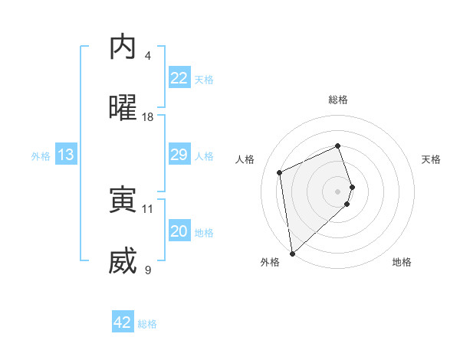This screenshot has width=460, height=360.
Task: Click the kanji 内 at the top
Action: point(123,48)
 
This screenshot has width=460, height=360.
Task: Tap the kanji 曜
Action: point(123,108)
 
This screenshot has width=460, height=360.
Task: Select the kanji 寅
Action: point(123,200)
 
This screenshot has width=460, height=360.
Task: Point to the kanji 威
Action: point(123,261)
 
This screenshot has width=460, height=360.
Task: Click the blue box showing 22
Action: point(179,78)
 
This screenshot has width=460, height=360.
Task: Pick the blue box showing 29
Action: point(179,155)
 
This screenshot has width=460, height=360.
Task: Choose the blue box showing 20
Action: point(179,231)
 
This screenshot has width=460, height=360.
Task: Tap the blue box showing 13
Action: point(66,155)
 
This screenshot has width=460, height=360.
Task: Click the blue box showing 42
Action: point(123,322)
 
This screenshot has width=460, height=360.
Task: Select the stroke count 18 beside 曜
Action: point(148,117)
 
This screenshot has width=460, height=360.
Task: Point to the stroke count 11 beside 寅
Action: point(148,208)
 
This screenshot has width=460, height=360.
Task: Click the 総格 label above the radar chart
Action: point(338,100)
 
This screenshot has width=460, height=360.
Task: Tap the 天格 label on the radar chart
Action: point(432,159)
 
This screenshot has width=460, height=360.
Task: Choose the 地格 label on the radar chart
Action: point(402,262)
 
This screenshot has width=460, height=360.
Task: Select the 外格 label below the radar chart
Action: point(270,262)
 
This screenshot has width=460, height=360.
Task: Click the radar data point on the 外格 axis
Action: point(291,253)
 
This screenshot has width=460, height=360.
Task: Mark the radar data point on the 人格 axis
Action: point(280,172)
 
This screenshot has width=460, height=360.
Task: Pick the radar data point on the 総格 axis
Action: point(338,146)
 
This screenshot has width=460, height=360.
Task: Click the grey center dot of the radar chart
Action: point(338,191)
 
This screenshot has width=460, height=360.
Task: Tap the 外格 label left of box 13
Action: point(41,155)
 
